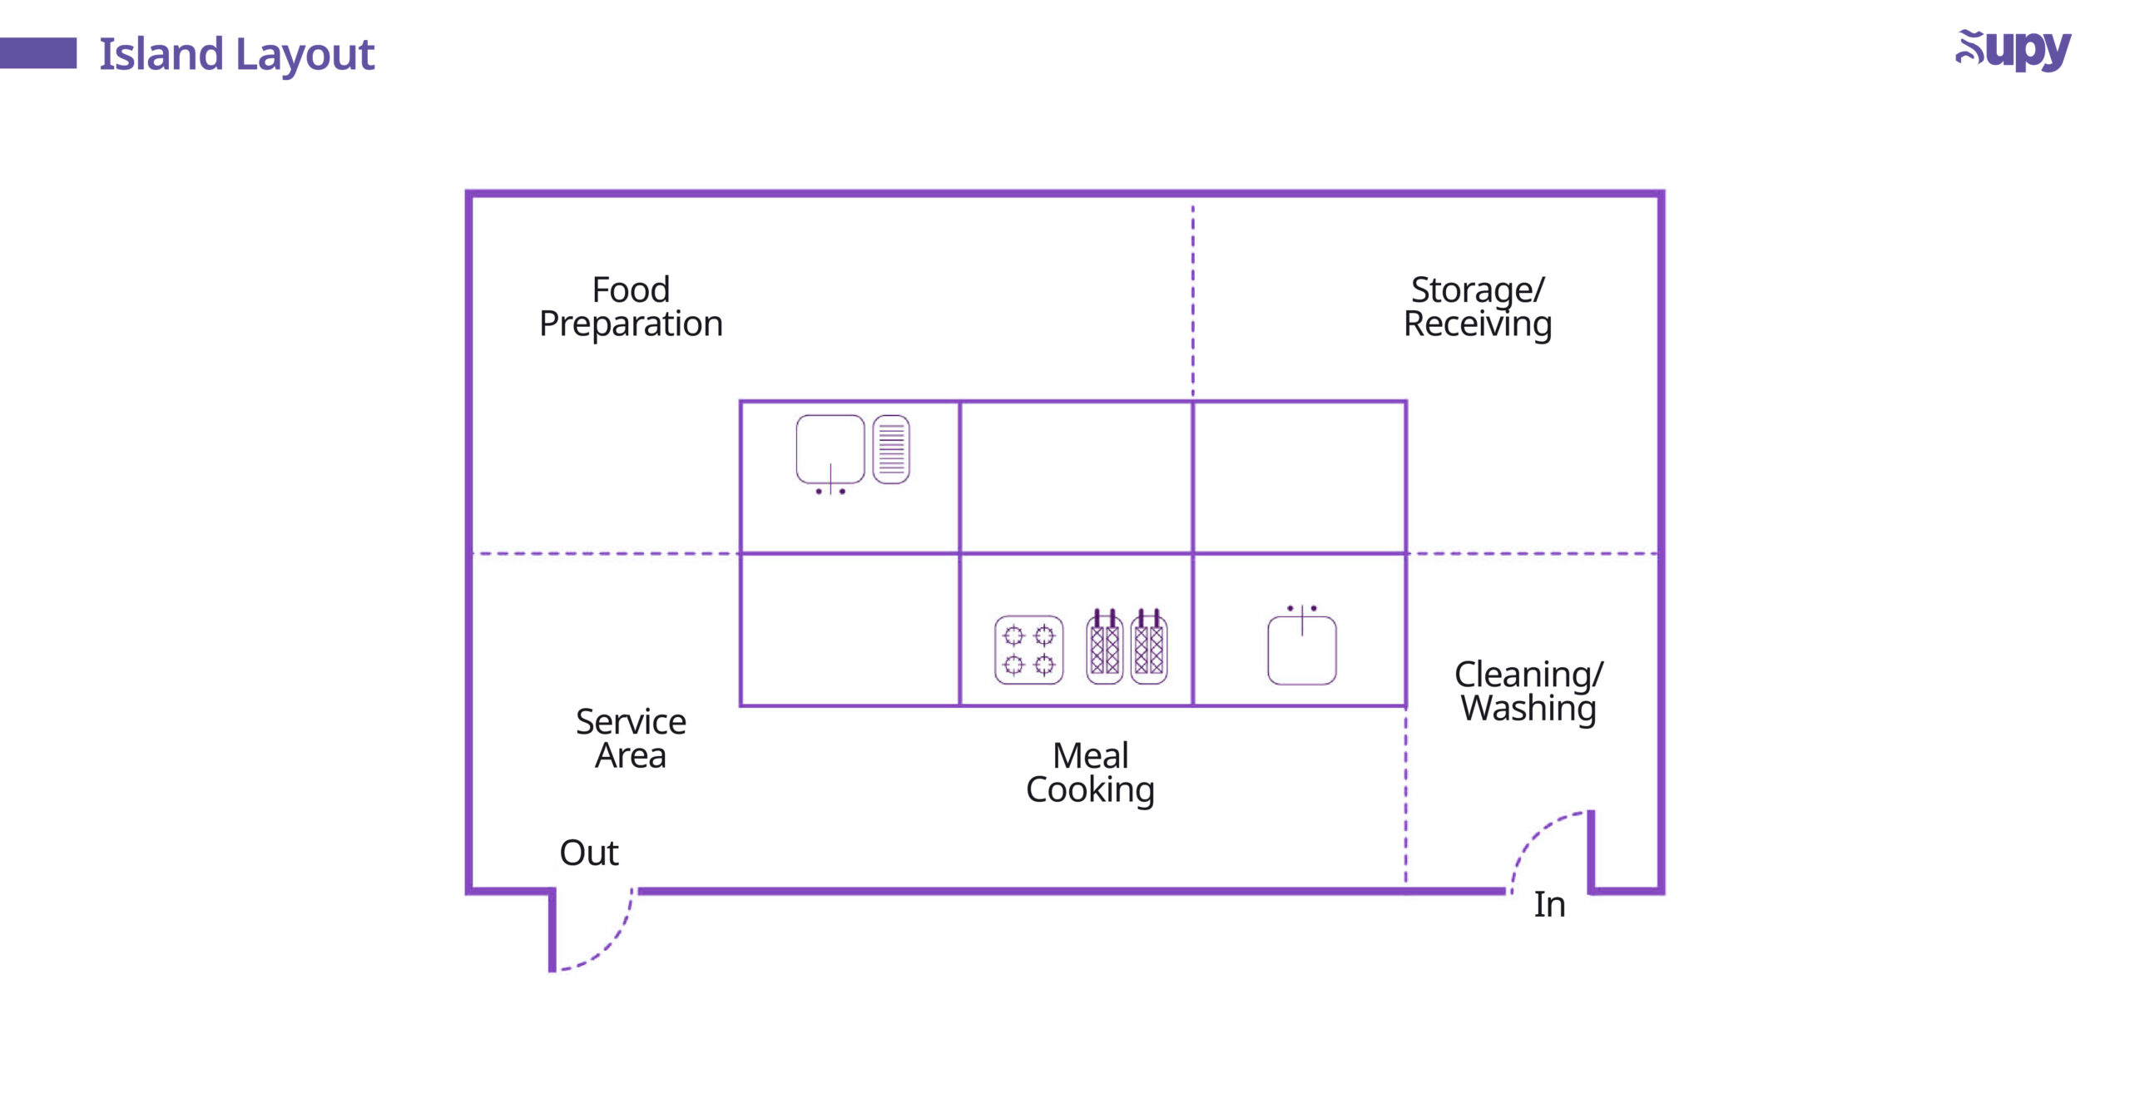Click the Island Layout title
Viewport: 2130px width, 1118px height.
coord(237,55)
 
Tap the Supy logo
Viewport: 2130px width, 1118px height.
coord(2013,51)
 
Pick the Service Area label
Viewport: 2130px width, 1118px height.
coord(631,739)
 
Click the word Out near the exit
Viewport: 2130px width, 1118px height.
coord(589,853)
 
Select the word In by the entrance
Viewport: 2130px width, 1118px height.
coord(1549,904)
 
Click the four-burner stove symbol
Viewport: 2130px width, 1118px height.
coord(1028,650)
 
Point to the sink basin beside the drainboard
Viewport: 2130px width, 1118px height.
coord(830,450)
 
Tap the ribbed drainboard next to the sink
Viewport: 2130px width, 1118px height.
coord(891,449)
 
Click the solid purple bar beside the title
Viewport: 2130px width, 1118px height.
coord(38,53)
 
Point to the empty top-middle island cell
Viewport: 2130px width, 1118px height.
coord(1076,477)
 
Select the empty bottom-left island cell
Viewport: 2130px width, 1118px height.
coord(850,630)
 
